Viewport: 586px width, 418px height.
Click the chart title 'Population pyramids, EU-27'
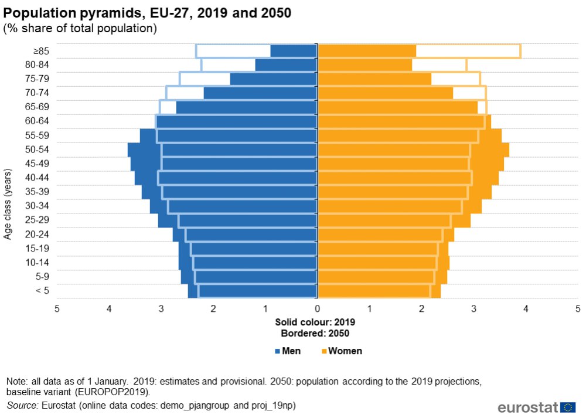tap(147, 12)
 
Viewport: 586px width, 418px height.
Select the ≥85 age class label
tap(40, 51)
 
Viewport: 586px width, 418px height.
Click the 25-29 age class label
tap(37, 220)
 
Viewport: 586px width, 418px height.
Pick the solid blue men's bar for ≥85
tap(294, 51)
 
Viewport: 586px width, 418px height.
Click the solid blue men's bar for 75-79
tap(273, 79)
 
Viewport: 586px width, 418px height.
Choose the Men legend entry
tap(287, 351)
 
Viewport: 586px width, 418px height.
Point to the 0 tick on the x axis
tap(317, 308)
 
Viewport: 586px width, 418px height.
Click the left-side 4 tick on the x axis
tap(109, 308)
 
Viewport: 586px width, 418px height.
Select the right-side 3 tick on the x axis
tap(473, 308)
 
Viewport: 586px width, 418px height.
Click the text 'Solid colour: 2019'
tap(315, 322)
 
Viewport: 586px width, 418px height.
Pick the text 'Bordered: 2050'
tap(315, 333)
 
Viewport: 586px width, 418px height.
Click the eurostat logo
tap(536, 407)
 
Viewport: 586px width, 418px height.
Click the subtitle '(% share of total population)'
tap(80, 28)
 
